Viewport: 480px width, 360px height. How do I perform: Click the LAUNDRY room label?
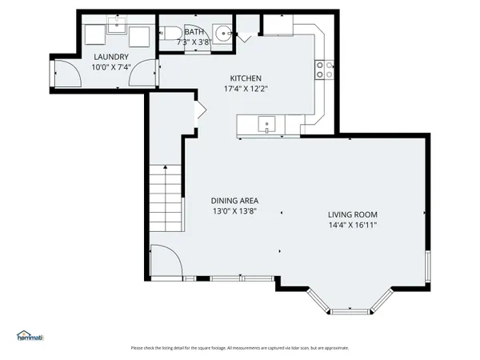click(111, 57)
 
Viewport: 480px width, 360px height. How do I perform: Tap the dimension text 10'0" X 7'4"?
click(111, 67)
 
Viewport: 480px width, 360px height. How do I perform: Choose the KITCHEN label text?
click(246, 78)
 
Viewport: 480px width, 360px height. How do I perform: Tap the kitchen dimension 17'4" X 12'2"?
click(246, 89)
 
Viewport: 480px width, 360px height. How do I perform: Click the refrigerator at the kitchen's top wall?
click(279, 26)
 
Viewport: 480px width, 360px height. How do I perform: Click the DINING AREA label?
click(234, 201)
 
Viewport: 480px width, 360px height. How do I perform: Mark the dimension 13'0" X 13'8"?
click(234, 212)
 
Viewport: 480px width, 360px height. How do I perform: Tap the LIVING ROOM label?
click(352, 214)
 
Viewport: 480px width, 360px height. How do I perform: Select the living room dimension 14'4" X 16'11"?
click(352, 226)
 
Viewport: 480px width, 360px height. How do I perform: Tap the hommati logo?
click(30, 336)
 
